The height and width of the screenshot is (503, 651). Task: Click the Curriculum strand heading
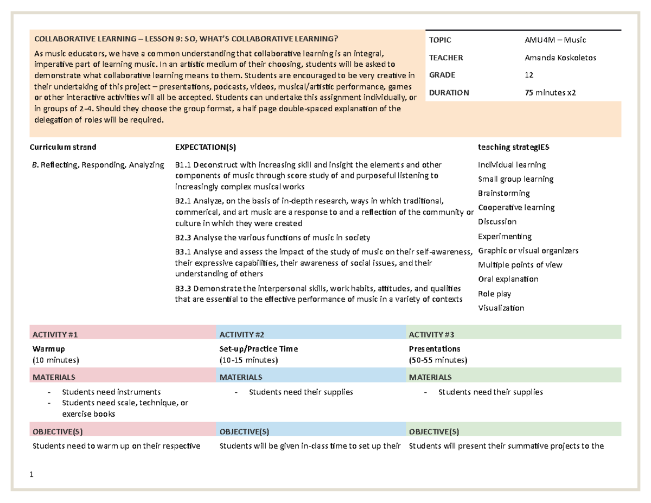tap(63, 147)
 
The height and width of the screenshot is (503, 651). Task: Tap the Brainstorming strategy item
tap(503, 193)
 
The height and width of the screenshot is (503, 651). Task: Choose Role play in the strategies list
tap(494, 294)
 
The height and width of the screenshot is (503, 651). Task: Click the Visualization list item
tap(501, 308)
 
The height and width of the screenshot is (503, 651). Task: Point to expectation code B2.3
tap(183, 238)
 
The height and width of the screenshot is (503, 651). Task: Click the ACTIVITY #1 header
tap(56, 335)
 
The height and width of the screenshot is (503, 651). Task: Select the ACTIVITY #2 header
tap(242, 335)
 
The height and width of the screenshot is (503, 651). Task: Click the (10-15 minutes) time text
tap(248, 360)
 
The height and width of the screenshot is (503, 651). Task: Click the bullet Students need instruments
tap(111, 391)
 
